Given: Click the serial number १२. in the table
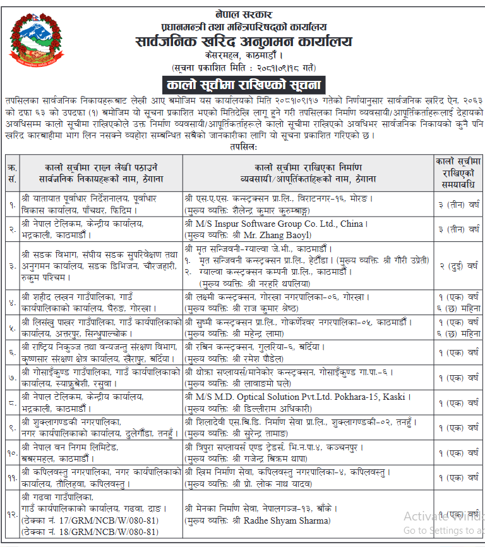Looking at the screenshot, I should point(11,514).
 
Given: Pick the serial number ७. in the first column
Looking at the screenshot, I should point(11,377).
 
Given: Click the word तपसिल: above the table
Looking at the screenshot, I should point(242,145).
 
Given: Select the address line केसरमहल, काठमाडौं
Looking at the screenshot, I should point(243,55).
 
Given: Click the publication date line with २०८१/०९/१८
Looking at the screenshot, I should point(243,67).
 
